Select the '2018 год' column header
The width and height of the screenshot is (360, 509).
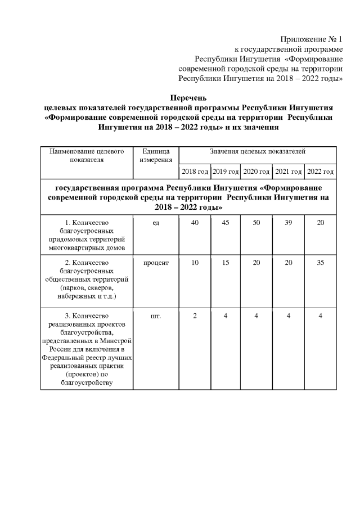pyautogui.click(x=195, y=171)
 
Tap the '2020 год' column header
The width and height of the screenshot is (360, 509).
pyautogui.click(x=256, y=171)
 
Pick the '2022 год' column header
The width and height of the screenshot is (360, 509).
pyautogui.click(x=320, y=171)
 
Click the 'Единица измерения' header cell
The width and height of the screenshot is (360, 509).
pyautogui.click(x=156, y=156)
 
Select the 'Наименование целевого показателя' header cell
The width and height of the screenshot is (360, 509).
pyautogui.click(x=87, y=156)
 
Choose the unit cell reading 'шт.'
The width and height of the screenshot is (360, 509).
pyautogui.click(x=156, y=316)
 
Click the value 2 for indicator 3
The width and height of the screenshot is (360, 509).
pyautogui.click(x=195, y=316)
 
